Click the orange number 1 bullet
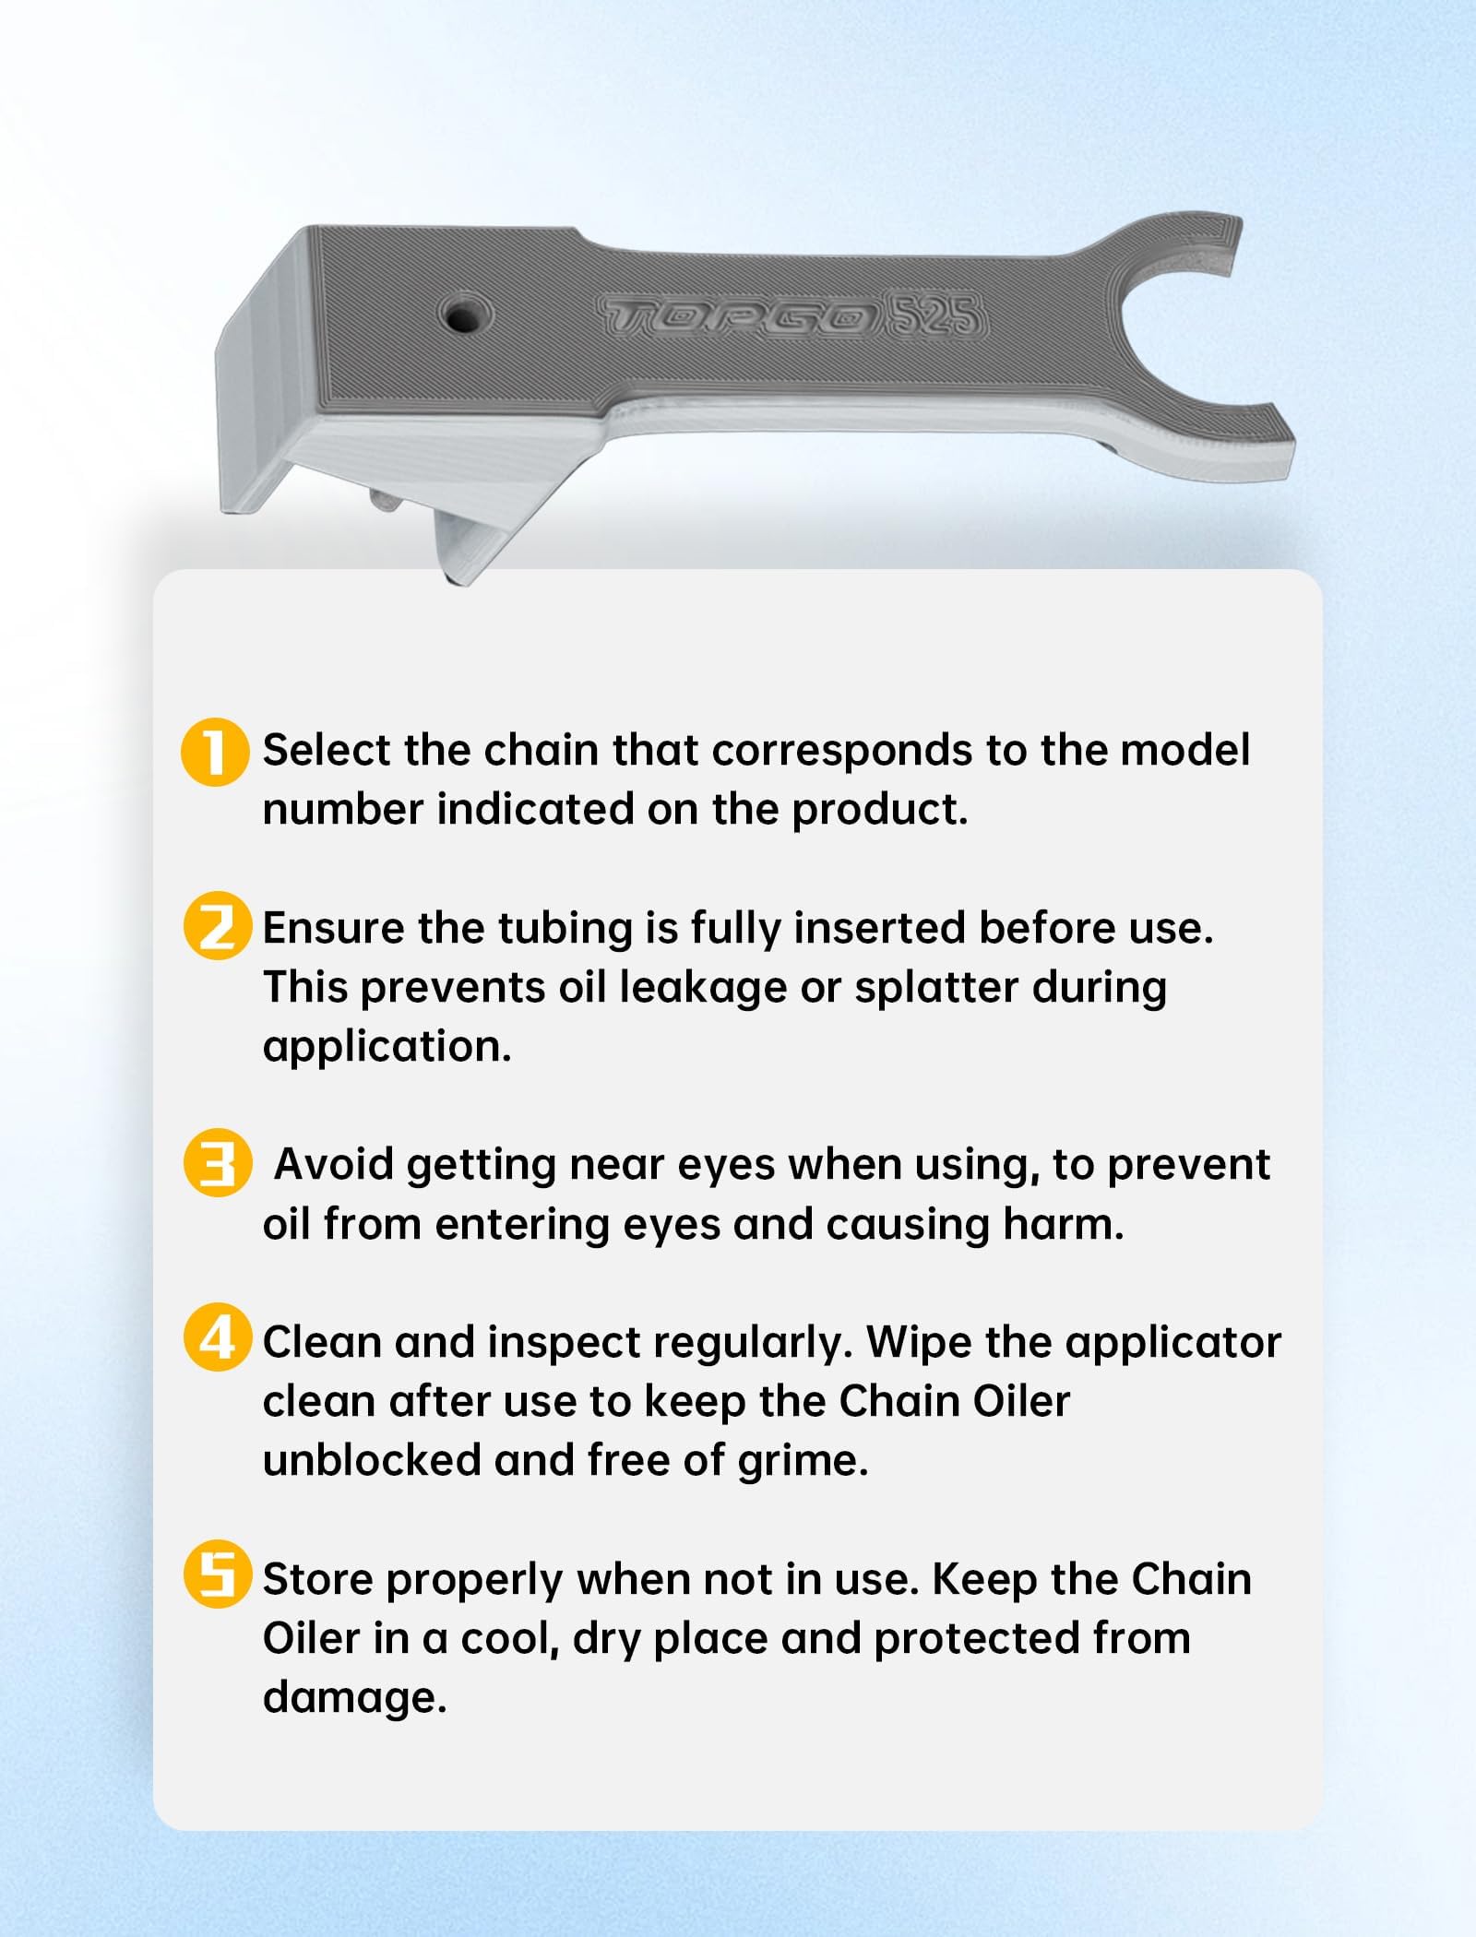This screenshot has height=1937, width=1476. pyautogui.click(x=215, y=752)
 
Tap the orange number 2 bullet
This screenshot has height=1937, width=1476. pyautogui.click(x=218, y=926)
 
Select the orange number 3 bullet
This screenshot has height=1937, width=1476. pyautogui.click(x=218, y=1163)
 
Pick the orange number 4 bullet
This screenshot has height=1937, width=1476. pyautogui.click(x=218, y=1337)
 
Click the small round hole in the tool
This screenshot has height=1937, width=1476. pyautogui.click(x=465, y=316)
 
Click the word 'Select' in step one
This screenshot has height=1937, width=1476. pyautogui.click(x=326, y=750)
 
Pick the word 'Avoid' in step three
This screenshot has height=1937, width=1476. pyautogui.click(x=334, y=1165)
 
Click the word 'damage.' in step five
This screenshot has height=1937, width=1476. pyautogui.click(x=355, y=1698)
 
